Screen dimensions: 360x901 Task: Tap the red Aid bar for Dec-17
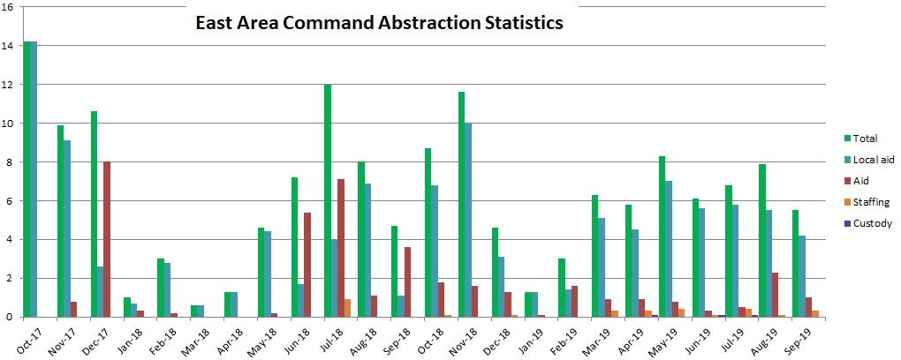105,239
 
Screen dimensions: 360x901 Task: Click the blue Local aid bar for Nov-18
468,220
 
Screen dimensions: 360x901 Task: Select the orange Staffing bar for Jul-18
346,308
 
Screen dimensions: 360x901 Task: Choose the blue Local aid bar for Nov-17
67,229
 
